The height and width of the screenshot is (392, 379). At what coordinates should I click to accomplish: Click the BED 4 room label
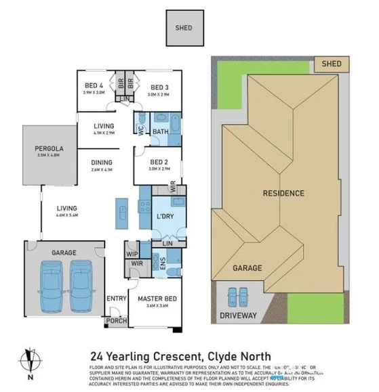point(94,86)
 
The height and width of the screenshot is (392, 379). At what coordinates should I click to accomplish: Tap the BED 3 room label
point(159,87)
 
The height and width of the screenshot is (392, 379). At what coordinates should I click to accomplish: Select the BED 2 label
point(159,162)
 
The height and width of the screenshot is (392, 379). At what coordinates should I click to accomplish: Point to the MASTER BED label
point(157,299)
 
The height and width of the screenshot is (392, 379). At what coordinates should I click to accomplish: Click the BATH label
point(160,131)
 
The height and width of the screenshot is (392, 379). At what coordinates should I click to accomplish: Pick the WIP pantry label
point(132,253)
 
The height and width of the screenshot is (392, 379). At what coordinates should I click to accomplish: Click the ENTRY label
point(117,299)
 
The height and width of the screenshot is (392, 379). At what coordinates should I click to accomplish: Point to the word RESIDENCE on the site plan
point(283,193)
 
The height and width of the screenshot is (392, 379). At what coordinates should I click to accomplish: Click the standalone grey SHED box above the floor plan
point(184,28)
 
